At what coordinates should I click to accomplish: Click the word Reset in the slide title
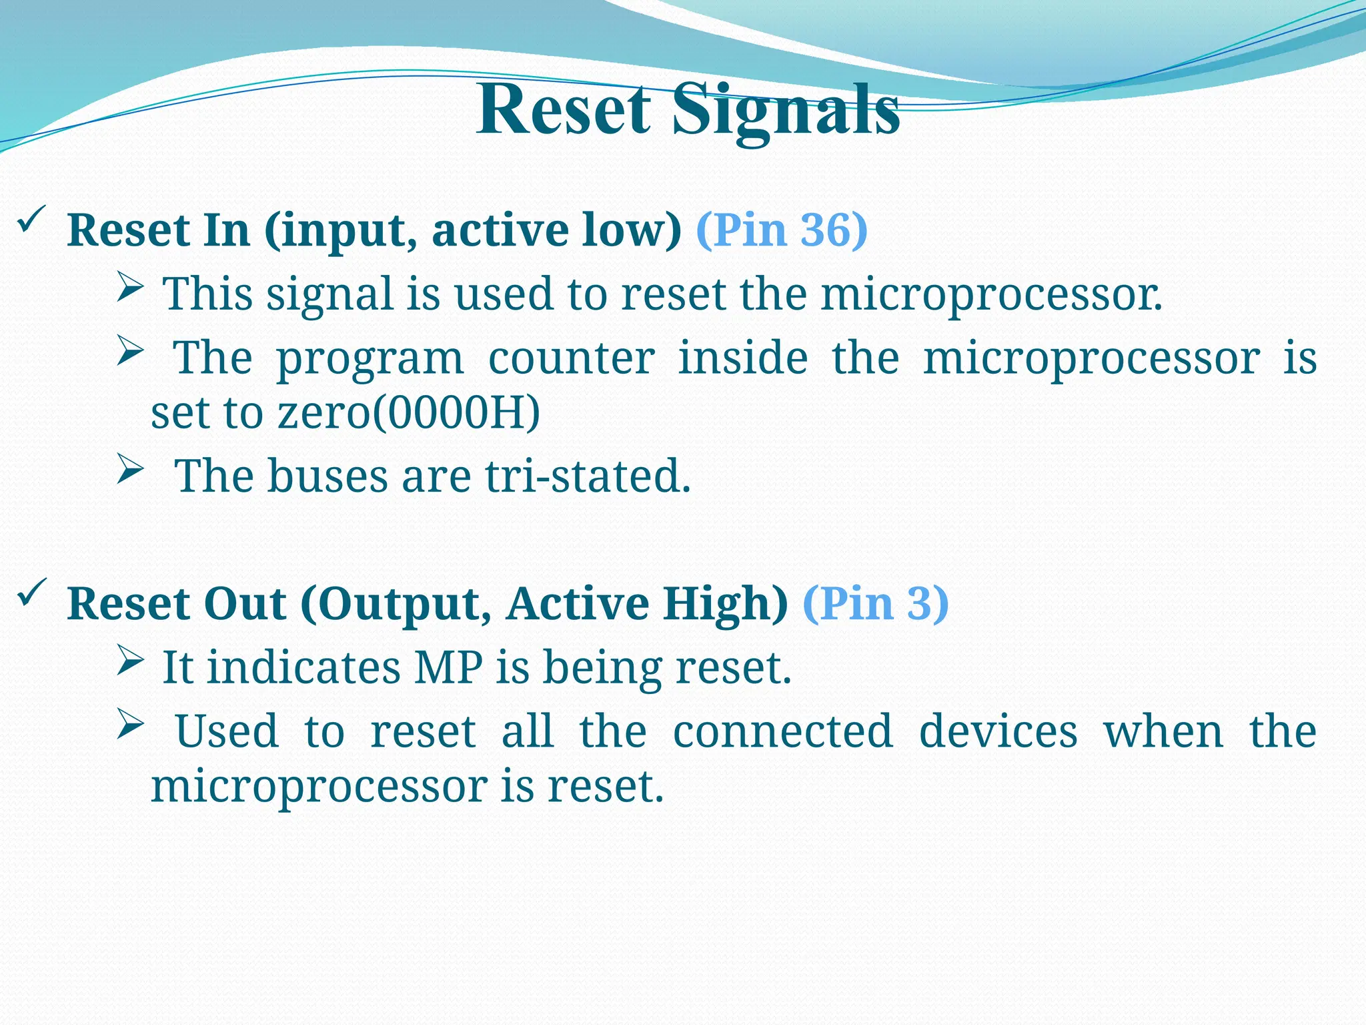coord(564,110)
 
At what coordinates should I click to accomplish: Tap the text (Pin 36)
coord(781,230)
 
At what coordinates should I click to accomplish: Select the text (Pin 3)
coord(875,603)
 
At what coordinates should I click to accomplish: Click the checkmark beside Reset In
coord(31,220)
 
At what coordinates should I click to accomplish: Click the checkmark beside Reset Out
coord(31,593)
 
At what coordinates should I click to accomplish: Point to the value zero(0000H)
coord(408,412)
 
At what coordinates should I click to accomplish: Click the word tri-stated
coord(587,476)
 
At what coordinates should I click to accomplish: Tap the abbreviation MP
coord(448,667)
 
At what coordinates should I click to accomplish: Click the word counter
coord(571,358)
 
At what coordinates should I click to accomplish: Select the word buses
coord(327,476)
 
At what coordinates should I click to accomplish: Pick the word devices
coord(998,731)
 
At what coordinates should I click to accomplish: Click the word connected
coord(782,731)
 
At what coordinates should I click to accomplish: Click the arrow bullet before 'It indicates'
coord(131,660)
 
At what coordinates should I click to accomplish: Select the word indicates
coord(303,667)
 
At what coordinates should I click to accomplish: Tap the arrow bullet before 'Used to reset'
coord(131,725)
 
